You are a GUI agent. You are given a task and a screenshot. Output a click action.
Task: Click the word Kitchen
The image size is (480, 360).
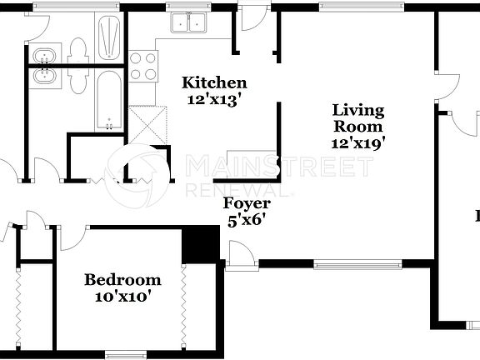tap(214, 82)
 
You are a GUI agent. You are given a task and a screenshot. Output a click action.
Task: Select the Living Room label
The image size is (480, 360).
tap(358, 118)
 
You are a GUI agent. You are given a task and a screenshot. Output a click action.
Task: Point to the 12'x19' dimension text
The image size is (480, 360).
tap(358, 142)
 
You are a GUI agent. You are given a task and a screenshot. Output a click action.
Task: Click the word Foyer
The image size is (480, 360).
tap(247, 203)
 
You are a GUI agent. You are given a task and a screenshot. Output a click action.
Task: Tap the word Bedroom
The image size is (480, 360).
tap(122, 279)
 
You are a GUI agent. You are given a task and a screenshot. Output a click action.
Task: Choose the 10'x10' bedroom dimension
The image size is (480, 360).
tap(122, 295)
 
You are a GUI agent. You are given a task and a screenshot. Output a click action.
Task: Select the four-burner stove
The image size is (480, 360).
tap(143, 66)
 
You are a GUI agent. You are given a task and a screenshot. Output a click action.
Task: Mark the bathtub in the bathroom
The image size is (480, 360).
tap(108, 100)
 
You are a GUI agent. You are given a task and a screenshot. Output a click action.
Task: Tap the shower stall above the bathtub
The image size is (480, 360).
tap(109, 37)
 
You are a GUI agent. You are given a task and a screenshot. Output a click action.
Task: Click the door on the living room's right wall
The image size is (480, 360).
tap(448, 87)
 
